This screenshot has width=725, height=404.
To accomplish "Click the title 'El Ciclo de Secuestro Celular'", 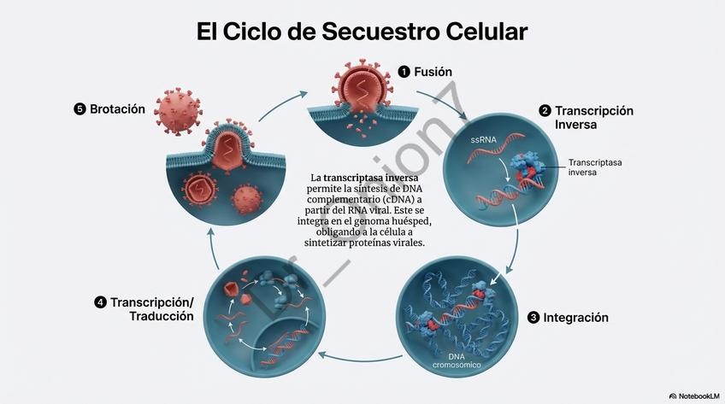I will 362,32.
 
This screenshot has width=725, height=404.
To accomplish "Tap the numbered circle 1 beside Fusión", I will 404,72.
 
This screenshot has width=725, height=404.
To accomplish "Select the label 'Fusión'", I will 433,72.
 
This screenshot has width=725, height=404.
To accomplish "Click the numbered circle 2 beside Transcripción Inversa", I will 545,111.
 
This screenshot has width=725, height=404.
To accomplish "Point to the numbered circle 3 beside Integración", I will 533,318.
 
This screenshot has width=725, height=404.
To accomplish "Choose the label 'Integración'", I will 575,318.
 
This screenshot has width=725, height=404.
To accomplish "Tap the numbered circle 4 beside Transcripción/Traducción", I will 101,302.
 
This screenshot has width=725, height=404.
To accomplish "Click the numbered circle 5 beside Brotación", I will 80,109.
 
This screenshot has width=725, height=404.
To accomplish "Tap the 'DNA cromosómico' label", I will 457,360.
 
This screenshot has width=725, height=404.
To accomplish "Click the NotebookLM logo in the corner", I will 693,396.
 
